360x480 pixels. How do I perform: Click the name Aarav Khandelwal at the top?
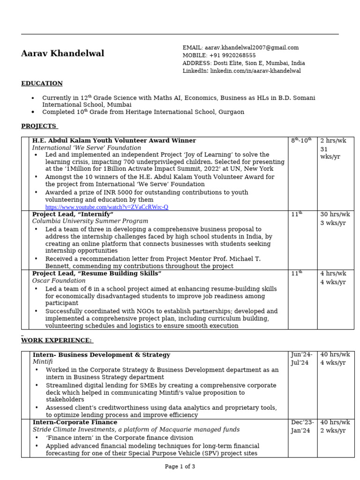coord(62,53)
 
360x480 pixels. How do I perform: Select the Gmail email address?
coord(251,47)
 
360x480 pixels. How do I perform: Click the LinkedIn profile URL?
coord(255,71)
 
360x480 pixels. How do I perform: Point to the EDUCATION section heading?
coord(42,83)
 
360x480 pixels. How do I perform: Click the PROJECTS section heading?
coord(39,126)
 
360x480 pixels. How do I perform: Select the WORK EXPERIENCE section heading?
coord(57,340)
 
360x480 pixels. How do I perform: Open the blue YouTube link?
coord(106,207)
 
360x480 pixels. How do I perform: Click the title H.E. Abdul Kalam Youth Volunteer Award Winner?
coord(114,141)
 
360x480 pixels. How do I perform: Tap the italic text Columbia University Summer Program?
coord(90,221)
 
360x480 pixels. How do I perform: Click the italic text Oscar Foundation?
coord(59,281)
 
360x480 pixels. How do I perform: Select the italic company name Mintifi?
coord(43,362)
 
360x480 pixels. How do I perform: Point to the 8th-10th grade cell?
coord(301,141)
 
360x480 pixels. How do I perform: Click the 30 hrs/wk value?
coord(335,214)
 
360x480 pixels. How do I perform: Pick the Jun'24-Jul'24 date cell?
coord(301,359)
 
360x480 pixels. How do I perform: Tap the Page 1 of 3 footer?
coord(180,466)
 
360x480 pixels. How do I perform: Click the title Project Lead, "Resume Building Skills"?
coord(97,273)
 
